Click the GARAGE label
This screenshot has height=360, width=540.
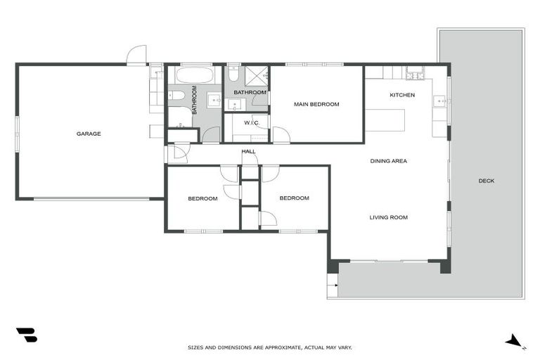89,134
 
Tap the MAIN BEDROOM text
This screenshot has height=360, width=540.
316,104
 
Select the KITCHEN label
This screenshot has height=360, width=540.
402,95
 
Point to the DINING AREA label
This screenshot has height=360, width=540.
389,161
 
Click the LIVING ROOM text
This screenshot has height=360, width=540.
389,217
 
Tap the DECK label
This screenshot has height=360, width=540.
487,181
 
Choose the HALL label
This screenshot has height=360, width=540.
248,151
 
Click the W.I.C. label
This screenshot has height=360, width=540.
252,123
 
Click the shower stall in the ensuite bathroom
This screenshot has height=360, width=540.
258,76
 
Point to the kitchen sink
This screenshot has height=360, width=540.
441,102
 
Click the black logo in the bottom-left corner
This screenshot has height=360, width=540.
26,335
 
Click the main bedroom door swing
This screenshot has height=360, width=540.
281,135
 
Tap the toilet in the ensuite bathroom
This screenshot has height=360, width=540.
233,75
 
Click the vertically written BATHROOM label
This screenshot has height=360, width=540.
194,100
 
